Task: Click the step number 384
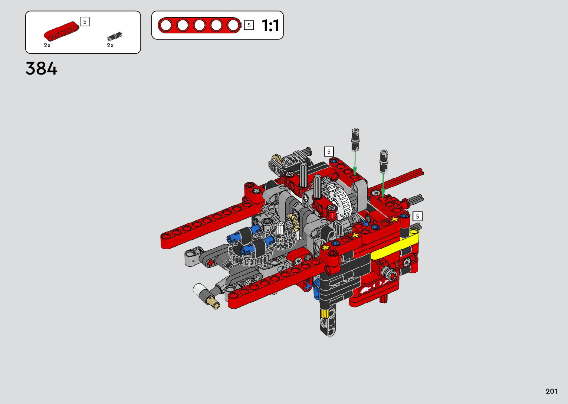(x=41, y=69)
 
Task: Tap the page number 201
(x=552, y=391)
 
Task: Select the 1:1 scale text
(x=270, y=25)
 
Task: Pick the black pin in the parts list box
(x=115, y=36)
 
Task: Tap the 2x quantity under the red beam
(x=47, y=45)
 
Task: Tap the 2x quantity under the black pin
(x=110, y=45)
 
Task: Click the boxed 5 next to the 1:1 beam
(x=249, y=25)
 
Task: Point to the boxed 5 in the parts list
(x=85, y=22)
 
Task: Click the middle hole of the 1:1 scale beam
(x=199, y=25)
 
